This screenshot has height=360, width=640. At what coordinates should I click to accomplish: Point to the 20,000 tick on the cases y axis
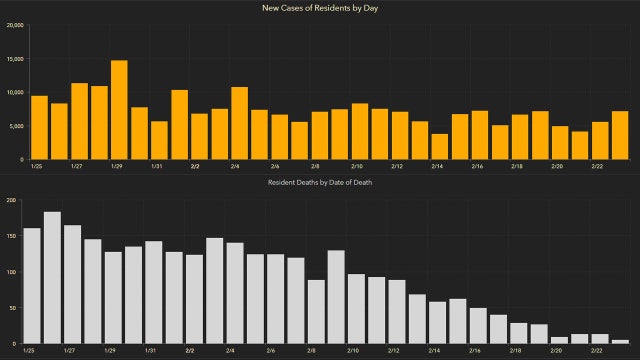point(15,26)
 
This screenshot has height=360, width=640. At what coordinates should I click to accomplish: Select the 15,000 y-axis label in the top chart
point(15,59)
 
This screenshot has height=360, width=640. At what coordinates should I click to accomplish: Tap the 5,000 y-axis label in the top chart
point(17,126)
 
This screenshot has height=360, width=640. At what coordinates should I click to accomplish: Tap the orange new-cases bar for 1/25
point(39,127)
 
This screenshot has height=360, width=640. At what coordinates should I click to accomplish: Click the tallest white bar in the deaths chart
point(52,278)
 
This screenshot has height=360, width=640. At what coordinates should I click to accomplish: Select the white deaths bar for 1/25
point(32,286)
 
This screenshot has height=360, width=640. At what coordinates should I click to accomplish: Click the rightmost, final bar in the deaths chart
point(620,341)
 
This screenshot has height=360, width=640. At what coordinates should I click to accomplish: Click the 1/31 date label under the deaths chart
point(151,351)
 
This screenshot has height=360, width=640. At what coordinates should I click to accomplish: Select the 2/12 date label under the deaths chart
point(396,351)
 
